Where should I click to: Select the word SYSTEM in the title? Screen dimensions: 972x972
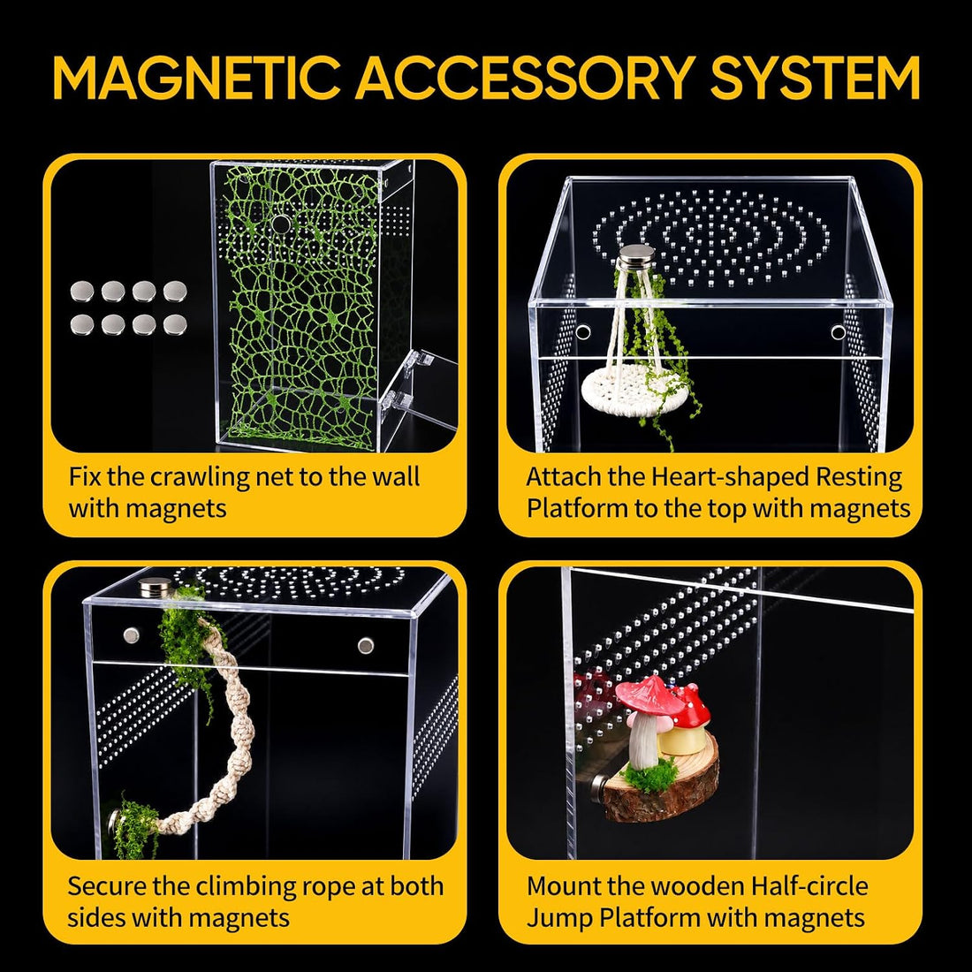[815, 78]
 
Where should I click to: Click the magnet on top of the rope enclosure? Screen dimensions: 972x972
[155, 587]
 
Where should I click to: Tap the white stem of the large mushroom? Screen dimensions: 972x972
[645, 741]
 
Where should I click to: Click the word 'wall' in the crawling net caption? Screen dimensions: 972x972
[396, 477]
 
